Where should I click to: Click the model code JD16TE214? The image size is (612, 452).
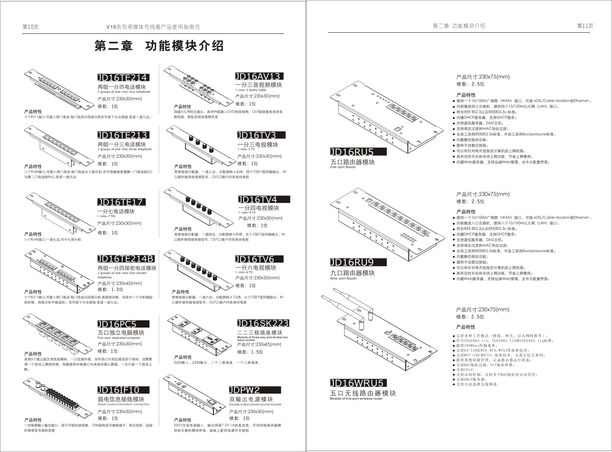123,78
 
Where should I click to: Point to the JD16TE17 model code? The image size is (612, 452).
121,202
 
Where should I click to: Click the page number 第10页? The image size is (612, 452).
31,27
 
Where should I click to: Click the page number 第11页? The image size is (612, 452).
585,26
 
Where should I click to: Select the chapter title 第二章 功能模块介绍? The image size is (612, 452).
159,46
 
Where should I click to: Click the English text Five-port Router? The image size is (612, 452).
343,167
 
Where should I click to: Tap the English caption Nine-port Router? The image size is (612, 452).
343,279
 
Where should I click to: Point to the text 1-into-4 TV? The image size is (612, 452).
247,213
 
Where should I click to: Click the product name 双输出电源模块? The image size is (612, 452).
251,399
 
